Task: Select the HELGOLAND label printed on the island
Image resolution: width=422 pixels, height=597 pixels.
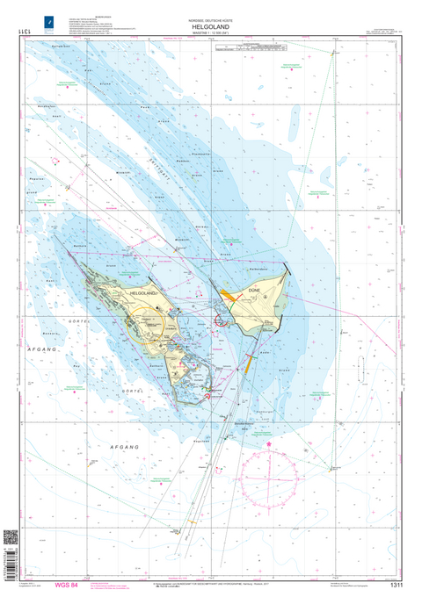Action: click(142, 291)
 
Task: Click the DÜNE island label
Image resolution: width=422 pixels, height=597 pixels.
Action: click(254, 288)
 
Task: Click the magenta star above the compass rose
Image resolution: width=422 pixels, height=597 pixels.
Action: click(268, 444)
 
